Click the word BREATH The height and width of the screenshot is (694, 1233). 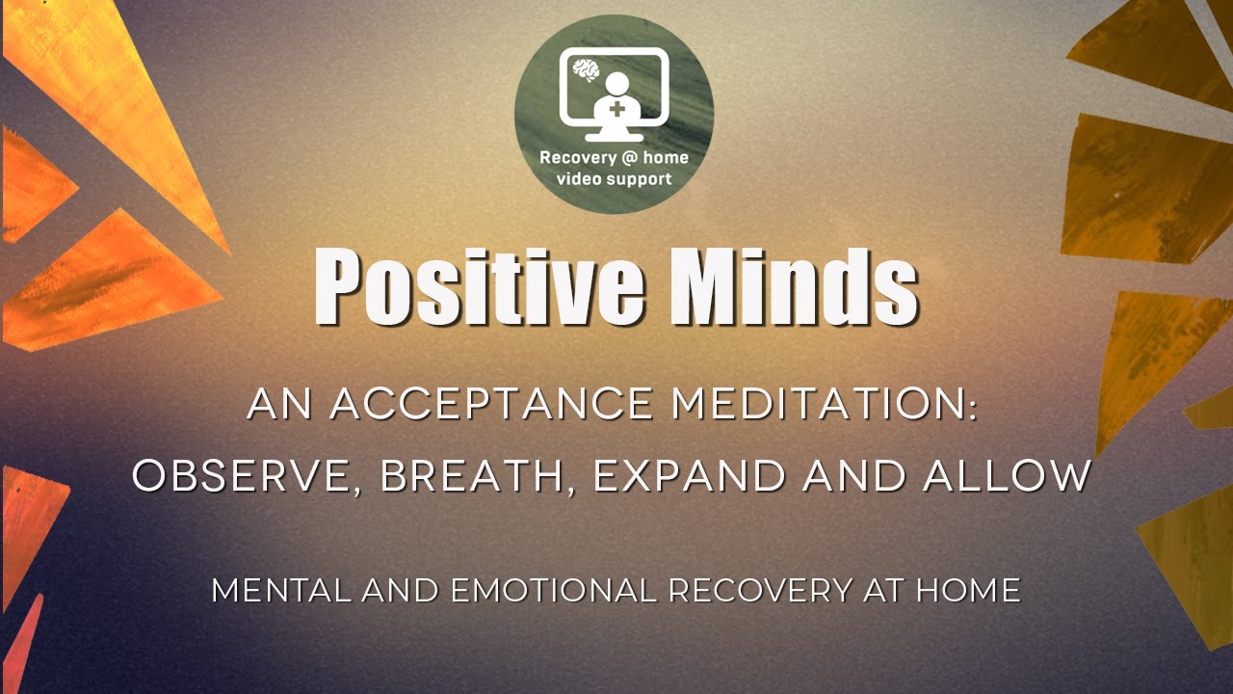point(471,476)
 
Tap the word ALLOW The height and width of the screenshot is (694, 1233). point(1008,476)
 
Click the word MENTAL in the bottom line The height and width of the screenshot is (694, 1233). point(282,590)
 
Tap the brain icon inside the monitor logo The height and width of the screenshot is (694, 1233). point(584,68)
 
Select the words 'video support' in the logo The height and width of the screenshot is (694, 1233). point(614,178)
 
